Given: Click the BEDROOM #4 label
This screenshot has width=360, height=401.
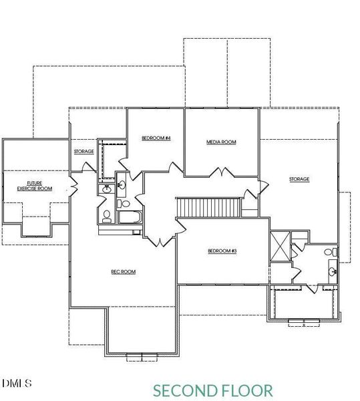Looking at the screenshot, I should pyautogui.click(x=156, y=138).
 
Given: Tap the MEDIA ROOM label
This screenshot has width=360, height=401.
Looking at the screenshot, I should pyautogui.click(x=221, y=142).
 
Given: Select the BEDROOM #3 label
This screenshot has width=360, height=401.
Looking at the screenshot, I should pyautogui.click(x=222, y=251).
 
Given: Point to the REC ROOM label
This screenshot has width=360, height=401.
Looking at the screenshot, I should pyautogui.click(x=123, y=271).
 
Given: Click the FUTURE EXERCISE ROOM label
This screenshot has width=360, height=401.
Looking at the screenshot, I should pyautogui.click(x=35, y=186).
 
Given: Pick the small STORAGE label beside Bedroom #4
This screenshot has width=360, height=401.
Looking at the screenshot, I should pyautogui.click(x=83, y=152).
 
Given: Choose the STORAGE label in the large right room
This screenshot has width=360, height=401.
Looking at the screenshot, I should pyautogui.click(x=299, y=179).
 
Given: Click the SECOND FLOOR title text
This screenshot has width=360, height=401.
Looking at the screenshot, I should pyautogui.click(x=212, y=390).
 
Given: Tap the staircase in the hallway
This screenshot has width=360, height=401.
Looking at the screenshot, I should pyautogui.click(x=208, y=207).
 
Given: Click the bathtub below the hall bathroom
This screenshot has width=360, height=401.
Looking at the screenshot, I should pyautogui.click(x=128, y=218).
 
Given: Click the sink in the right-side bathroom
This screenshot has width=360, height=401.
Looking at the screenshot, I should pyautogui.click(x=332, y=272).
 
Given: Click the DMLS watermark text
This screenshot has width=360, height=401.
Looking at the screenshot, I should pyautogui.click(x=17, y=384).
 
